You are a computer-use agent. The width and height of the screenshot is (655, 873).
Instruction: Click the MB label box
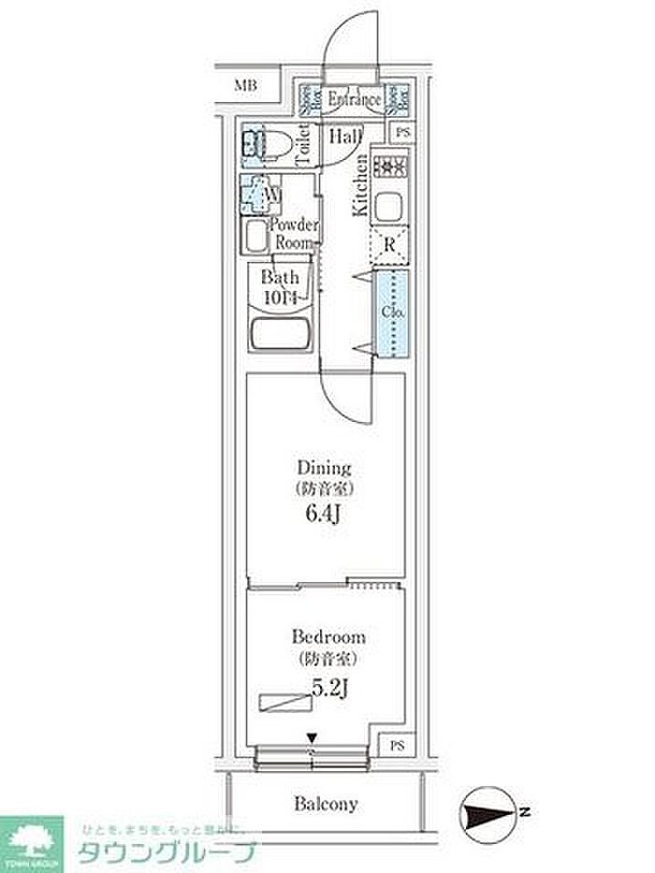[x=245, y=86]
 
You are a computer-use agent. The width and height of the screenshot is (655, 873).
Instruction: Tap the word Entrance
[x=355, y=99]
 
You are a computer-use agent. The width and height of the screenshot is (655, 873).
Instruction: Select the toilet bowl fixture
[x=261, y=145]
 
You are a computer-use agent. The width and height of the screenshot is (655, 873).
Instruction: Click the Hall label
[x=345, y=137]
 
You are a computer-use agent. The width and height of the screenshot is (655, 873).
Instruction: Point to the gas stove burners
[x=391, y=168]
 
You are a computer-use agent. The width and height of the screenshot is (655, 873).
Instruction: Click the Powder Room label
[x=295, y=233]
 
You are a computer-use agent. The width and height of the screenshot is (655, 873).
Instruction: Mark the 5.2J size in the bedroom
[x=329, y=690]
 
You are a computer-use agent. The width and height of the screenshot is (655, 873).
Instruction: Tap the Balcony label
[x=327, y=803]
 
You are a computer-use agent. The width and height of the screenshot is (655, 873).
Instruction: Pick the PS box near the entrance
[x=402, y=133]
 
